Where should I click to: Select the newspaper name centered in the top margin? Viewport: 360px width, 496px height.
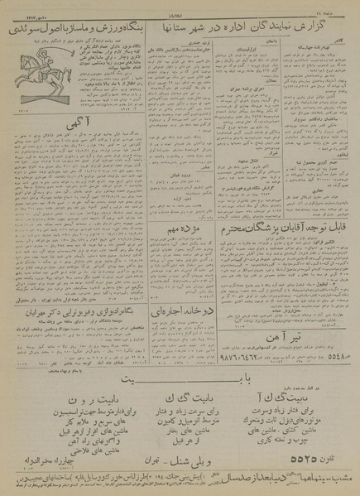pos(180,8)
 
